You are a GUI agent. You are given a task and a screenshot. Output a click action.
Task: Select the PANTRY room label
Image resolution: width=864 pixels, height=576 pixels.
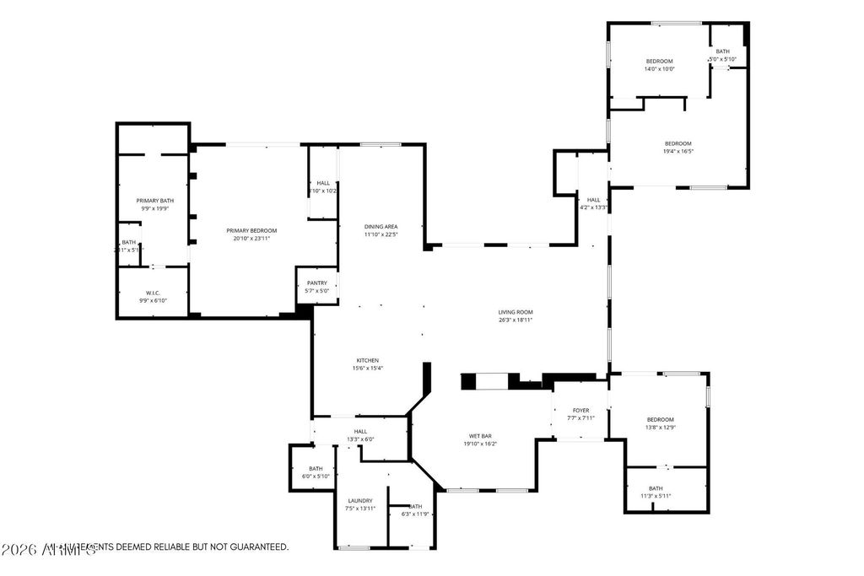point(317,283)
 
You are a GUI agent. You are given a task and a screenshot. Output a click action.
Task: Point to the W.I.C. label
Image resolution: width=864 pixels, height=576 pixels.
point(153,293)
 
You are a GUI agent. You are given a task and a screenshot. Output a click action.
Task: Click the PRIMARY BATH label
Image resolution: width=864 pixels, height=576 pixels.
point(154,201)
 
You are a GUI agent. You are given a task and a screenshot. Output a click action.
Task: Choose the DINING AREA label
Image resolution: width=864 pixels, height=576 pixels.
point(381,227)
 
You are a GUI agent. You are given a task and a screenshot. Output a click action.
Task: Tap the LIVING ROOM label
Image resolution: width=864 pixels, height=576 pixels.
point(516,312)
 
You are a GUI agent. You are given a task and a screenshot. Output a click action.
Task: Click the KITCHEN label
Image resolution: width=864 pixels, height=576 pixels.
point(367,360)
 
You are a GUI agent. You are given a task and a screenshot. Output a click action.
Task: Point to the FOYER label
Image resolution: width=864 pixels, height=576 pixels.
point(580,411)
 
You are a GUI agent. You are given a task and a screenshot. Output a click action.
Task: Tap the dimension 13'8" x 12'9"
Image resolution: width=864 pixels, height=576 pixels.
point(661,428)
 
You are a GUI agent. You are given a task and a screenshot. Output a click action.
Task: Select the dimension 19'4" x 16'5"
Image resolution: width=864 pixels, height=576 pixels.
point(678,151)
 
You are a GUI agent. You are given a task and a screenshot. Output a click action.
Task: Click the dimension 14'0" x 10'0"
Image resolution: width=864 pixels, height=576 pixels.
point(660,68)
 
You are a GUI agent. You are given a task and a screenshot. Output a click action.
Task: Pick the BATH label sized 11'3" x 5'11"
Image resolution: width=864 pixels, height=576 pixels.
point(656,488)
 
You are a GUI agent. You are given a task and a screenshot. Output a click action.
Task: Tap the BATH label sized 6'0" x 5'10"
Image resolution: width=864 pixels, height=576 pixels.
point(316,469)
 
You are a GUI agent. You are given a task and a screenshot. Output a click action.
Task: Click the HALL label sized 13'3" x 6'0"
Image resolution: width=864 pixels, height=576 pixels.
point(360,431)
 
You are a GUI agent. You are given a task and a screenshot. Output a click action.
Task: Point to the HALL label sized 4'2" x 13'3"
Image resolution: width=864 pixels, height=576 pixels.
point(593,200)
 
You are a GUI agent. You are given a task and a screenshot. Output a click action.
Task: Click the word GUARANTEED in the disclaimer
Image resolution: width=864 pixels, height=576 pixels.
point(256,547)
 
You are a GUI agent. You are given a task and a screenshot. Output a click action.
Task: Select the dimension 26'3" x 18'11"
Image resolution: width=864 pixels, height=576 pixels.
point(516,320)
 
